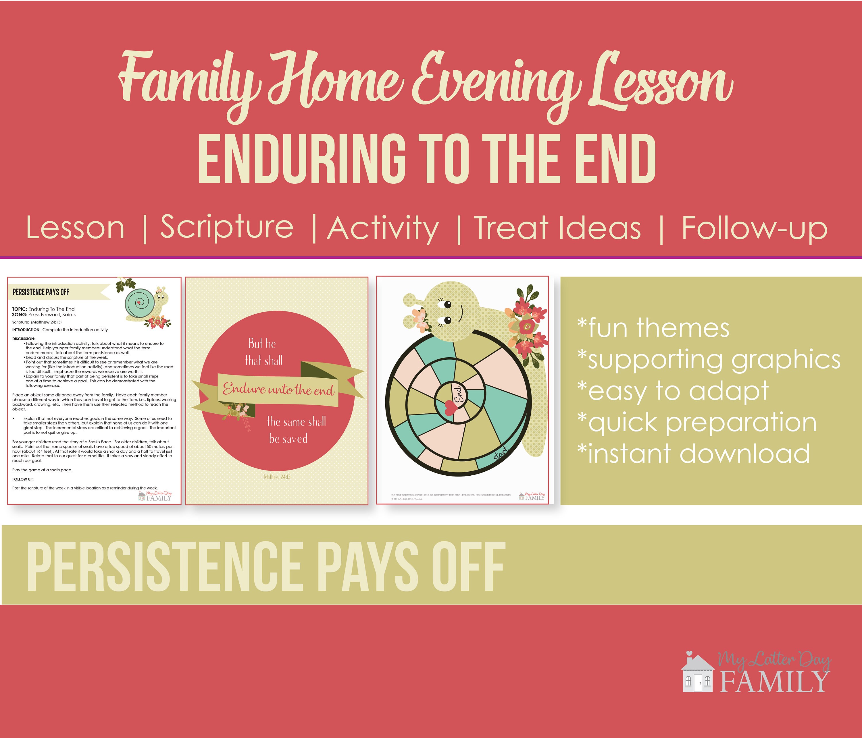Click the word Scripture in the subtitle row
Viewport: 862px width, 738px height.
point(227,227)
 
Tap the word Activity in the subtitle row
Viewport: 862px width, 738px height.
point(383,228)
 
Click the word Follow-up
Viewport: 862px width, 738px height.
point(754,228)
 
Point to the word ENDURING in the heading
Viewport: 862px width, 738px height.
point(302,160)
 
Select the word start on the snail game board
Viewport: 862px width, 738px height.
point(501,453)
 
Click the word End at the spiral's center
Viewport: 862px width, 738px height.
point(458,394)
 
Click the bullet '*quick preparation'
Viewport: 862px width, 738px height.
point(697,422)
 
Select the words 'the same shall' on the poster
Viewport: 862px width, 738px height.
point(296,422)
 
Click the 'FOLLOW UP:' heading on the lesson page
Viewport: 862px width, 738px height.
point(23,479)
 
